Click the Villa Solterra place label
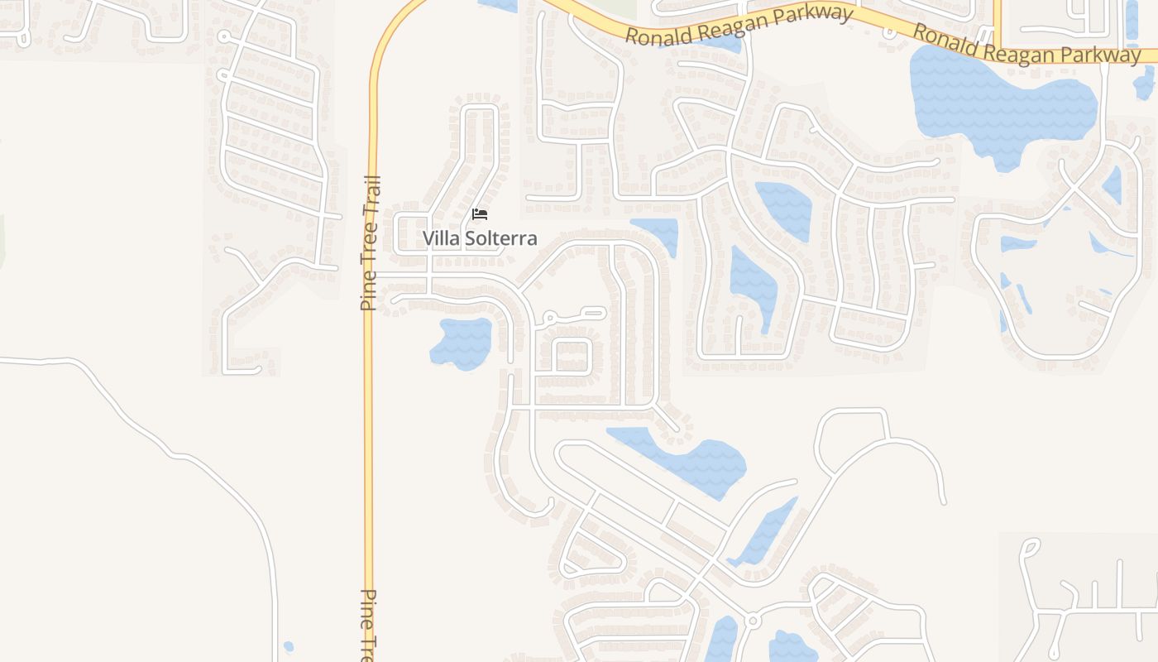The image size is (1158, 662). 480,238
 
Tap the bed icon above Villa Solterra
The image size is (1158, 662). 479,214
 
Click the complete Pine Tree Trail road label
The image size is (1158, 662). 370,243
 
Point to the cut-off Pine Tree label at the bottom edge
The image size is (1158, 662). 369,625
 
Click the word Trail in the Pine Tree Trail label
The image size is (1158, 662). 371,195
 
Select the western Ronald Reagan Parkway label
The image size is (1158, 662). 739,25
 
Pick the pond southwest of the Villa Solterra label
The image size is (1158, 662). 462,342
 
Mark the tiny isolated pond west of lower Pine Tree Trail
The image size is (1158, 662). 288,646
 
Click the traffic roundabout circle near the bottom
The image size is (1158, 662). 752,620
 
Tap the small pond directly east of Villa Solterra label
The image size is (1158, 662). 658,234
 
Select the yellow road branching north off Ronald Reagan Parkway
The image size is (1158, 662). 998,21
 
